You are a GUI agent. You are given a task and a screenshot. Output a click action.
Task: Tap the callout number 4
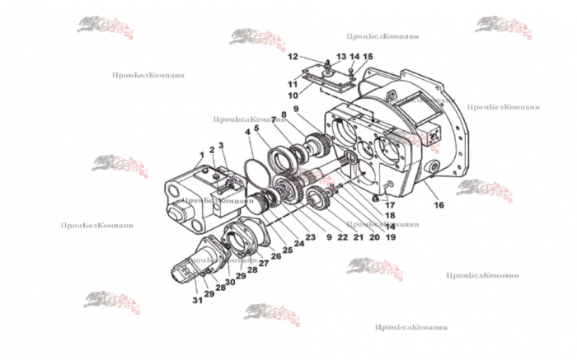(246, 132)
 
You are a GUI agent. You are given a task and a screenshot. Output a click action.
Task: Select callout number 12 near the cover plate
(292, 57)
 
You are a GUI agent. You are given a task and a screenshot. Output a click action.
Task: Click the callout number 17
(391, 206)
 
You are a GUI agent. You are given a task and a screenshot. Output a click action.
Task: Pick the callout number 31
(197, 300)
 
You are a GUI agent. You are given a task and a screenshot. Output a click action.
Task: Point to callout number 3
(221, 146)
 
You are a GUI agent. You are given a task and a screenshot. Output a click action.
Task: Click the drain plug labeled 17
(376, 198)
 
